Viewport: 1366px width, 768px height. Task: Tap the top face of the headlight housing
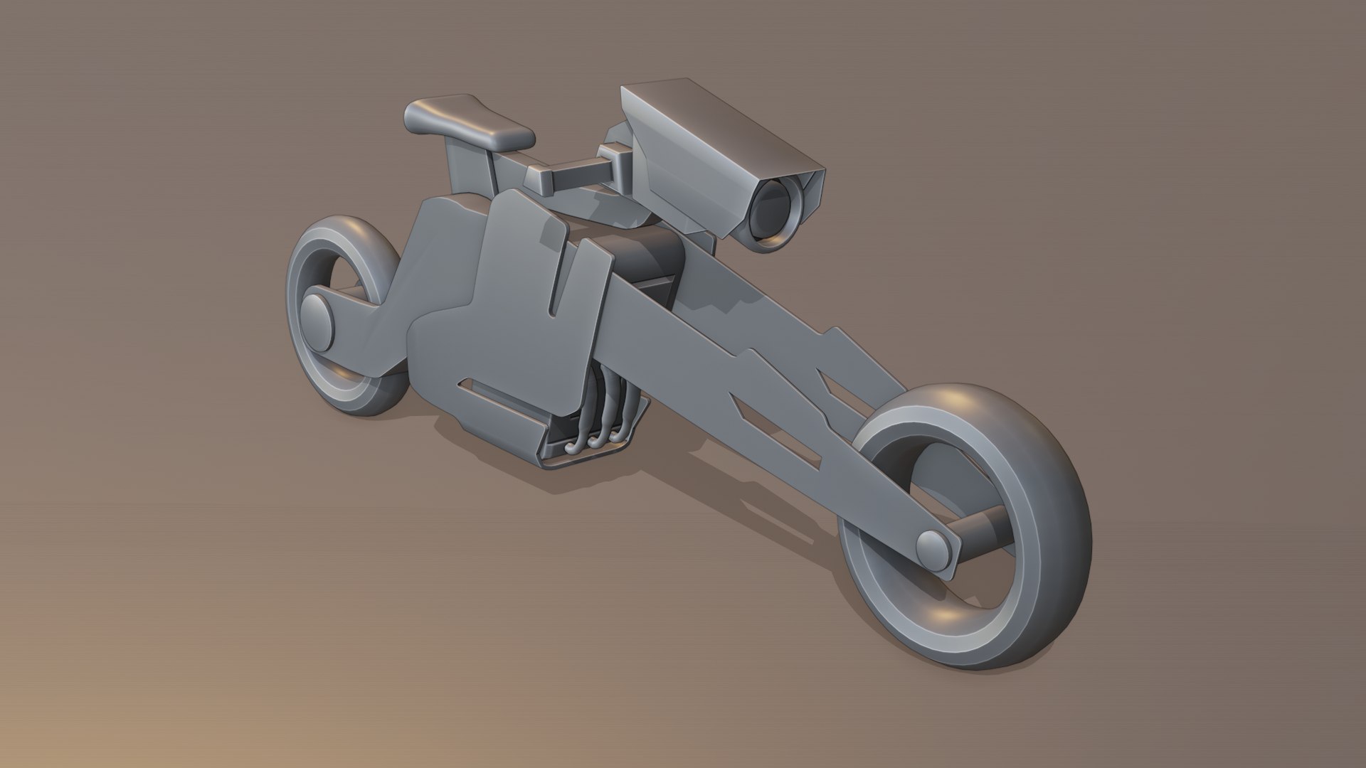coord(719,121)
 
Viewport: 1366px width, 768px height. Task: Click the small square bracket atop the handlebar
coord(610,151)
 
